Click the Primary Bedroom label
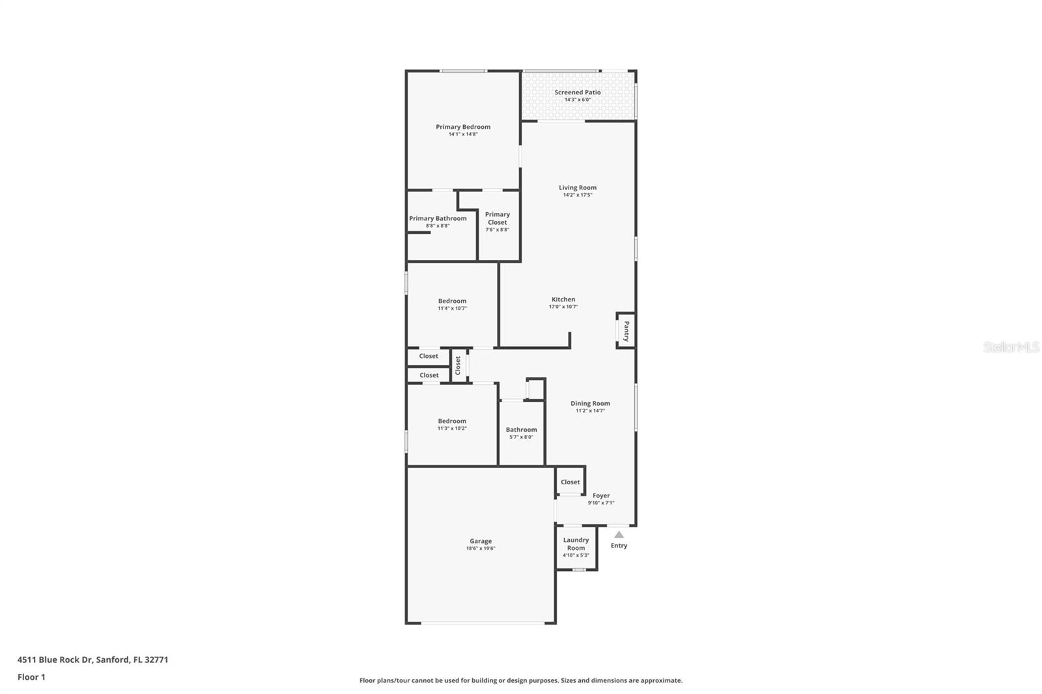coord(463,127)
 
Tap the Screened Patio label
coord(578,92)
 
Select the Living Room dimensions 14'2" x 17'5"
coord(578,195)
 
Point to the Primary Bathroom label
coord(438,219)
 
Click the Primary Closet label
coord(498,218)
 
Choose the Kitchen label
coord(563,299)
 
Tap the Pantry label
coord(627,331)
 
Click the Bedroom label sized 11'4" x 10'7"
coord(452,301)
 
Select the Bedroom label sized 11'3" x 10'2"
coord(452,421)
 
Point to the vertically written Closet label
coord(458,366)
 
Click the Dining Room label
coord(590,404)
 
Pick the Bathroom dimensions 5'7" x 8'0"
coord(521,437)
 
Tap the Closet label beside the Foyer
coord(570,482)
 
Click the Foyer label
coord(601,496)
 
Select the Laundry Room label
coord(576,544)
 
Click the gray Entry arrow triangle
coord(619,534)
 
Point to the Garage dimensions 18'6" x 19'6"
coord(481,549)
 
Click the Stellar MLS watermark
coord(1011,348)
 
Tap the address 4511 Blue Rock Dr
coord(55,659)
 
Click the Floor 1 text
coord(31,677)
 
